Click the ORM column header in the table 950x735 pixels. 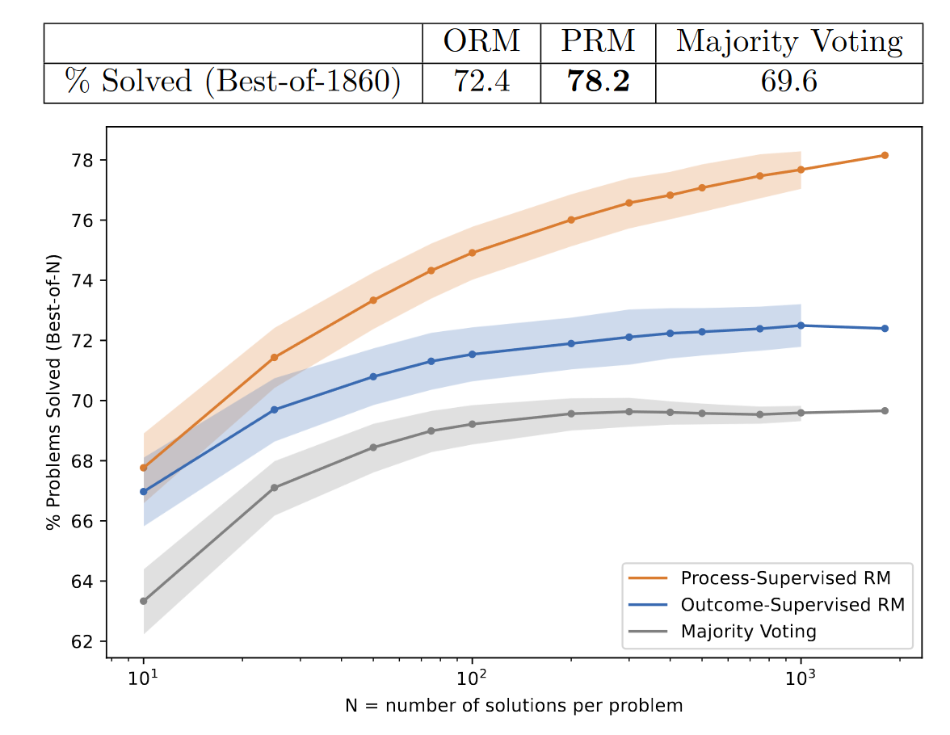pos(481,41)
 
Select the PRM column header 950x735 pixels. pos(598,41)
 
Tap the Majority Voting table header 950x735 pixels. pos(788,41)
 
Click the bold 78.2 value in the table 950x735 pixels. pos(598,82)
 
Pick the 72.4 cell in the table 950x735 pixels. pos(481,82)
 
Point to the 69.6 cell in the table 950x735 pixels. pos(788,82)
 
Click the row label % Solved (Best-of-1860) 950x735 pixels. pos(233,82)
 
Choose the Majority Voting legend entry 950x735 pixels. pos(748,631)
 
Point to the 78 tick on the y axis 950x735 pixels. pos(83,160)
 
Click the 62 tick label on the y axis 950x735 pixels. pos(83,641)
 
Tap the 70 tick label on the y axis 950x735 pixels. pos(83,401)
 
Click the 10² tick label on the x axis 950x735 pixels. pos(471,676)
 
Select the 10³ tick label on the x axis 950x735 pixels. pos(800,676)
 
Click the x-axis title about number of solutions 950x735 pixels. pos(514,706)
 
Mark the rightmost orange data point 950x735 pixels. pos(885,155)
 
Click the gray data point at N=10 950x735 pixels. pos(144,601)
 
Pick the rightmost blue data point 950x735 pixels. pos(885,329)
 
